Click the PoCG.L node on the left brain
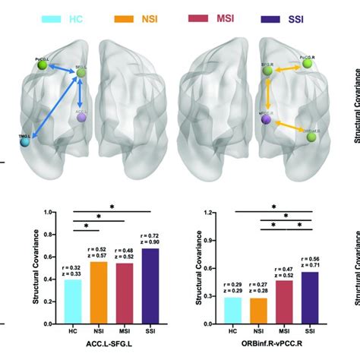tap(42, 68)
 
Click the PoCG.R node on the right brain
tap(308, 64)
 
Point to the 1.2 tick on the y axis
tap(200, 213)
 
